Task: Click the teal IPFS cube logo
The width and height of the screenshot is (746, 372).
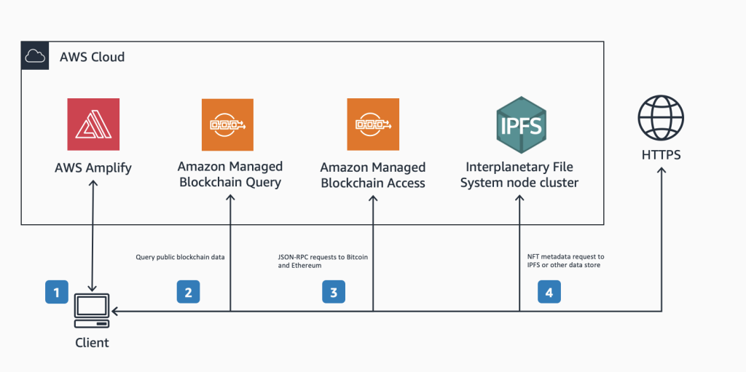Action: pyautogui.click(x=519, y=124)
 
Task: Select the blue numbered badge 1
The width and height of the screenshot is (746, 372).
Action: pyautogui.click(x=56, y=292)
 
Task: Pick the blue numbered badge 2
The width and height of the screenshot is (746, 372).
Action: pyautogui.click(x=188, y=292)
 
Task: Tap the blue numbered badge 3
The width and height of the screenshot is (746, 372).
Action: pyautogui.click(x=334, y=292)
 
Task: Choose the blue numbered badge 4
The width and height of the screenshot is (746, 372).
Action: pyautogui.click(x=549, y=292)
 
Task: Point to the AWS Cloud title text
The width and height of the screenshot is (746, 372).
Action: pyautogui.click(x=92, y=57)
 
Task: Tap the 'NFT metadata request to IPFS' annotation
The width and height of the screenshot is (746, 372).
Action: pyautogui.click(x=565, y=261)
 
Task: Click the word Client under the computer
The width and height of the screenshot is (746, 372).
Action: pyautogui.click(x=93, y=342)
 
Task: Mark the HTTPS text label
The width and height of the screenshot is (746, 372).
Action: pyautogui.click(x=661, y=156)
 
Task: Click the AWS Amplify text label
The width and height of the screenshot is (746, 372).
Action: pyautogui.click(x=93, y=168)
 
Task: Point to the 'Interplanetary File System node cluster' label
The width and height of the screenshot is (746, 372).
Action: pyautogui.click(x=519, y=175)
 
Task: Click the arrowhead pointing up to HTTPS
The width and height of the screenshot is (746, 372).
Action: pyautogui.click(x=661, y=172)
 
